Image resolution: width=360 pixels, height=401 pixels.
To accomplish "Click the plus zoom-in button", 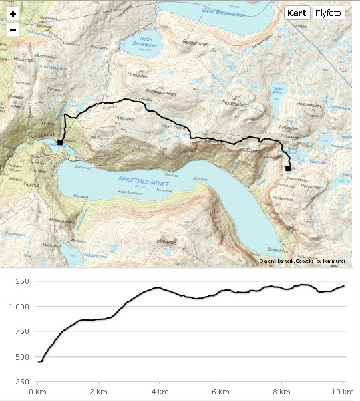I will tap(13, 14).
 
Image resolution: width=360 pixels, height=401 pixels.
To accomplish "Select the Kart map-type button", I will tap(297, 13).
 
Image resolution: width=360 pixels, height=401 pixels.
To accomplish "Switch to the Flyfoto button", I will tap(329, 13).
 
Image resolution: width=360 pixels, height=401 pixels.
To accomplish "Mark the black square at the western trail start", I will tap(60, 142).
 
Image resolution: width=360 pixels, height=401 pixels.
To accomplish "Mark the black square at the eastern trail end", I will tap(288, 168).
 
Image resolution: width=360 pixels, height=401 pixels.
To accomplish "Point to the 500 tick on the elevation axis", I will tap(23, 357).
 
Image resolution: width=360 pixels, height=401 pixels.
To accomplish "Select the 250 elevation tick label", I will tap(23, 382).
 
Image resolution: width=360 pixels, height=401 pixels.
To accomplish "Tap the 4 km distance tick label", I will tap(159, 391).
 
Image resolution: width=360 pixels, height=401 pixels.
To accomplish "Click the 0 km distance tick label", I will tap(37, 391).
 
